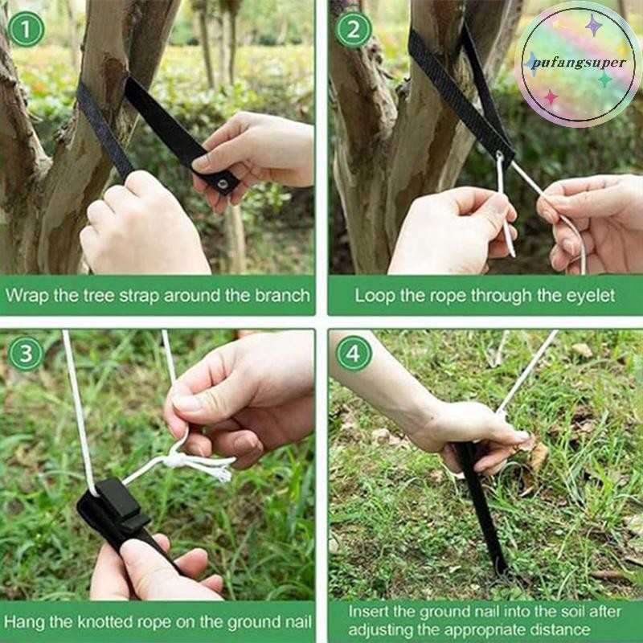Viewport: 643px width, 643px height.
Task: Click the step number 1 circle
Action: (27, 29)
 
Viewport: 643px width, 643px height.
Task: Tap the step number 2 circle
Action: (354, 29)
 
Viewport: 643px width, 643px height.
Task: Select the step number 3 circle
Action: (27, 354)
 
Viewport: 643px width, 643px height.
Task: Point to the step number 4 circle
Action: (354, 354)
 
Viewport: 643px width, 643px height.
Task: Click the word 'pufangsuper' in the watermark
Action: (575, 63)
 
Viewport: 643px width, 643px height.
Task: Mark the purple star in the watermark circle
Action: (594, 25)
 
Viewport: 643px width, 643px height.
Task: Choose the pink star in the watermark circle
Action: (551, 97)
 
